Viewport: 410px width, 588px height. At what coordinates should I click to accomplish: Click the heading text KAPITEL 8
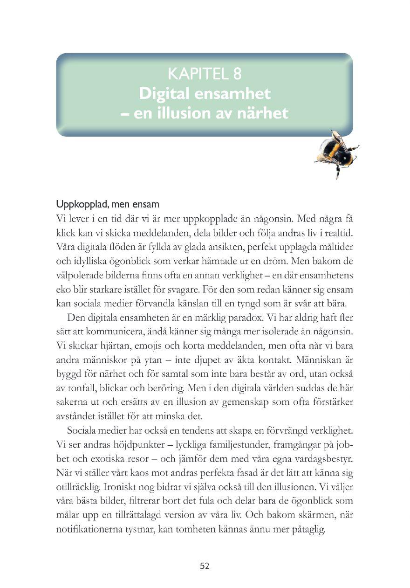[204, 74]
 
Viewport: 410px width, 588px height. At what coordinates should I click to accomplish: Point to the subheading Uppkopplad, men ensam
[108, 204]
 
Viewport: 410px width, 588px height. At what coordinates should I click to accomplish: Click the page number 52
[205, 566]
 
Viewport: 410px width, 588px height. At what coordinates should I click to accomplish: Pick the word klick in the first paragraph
[65, 232]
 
